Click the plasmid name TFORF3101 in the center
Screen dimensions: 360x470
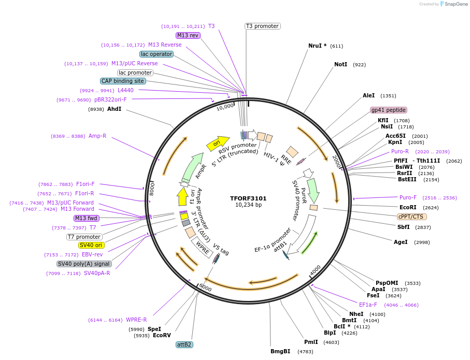coord(248,198)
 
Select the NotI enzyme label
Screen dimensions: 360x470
coord(340,65)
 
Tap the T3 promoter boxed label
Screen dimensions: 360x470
coord(262,26)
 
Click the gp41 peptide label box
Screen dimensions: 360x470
coord(389,110)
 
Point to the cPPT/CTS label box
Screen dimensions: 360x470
coord(411,217)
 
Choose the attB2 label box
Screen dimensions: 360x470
coord(184,344)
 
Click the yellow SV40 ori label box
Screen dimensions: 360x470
coord(91,245)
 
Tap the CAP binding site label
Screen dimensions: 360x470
coord(123,81)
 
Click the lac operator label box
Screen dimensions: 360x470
coord(156,54)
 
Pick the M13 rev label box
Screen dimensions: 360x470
coord(188,35)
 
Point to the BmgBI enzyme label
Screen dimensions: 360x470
coord(280,351)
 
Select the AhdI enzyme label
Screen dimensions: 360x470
coord(114,109)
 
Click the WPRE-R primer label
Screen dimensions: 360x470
coord(137,320)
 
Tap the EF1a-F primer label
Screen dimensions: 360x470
coord(368,305)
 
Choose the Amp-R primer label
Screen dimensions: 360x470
coord(97,136)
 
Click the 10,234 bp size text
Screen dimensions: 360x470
coord(248,205)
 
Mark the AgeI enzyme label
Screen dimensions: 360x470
coord(401,242)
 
